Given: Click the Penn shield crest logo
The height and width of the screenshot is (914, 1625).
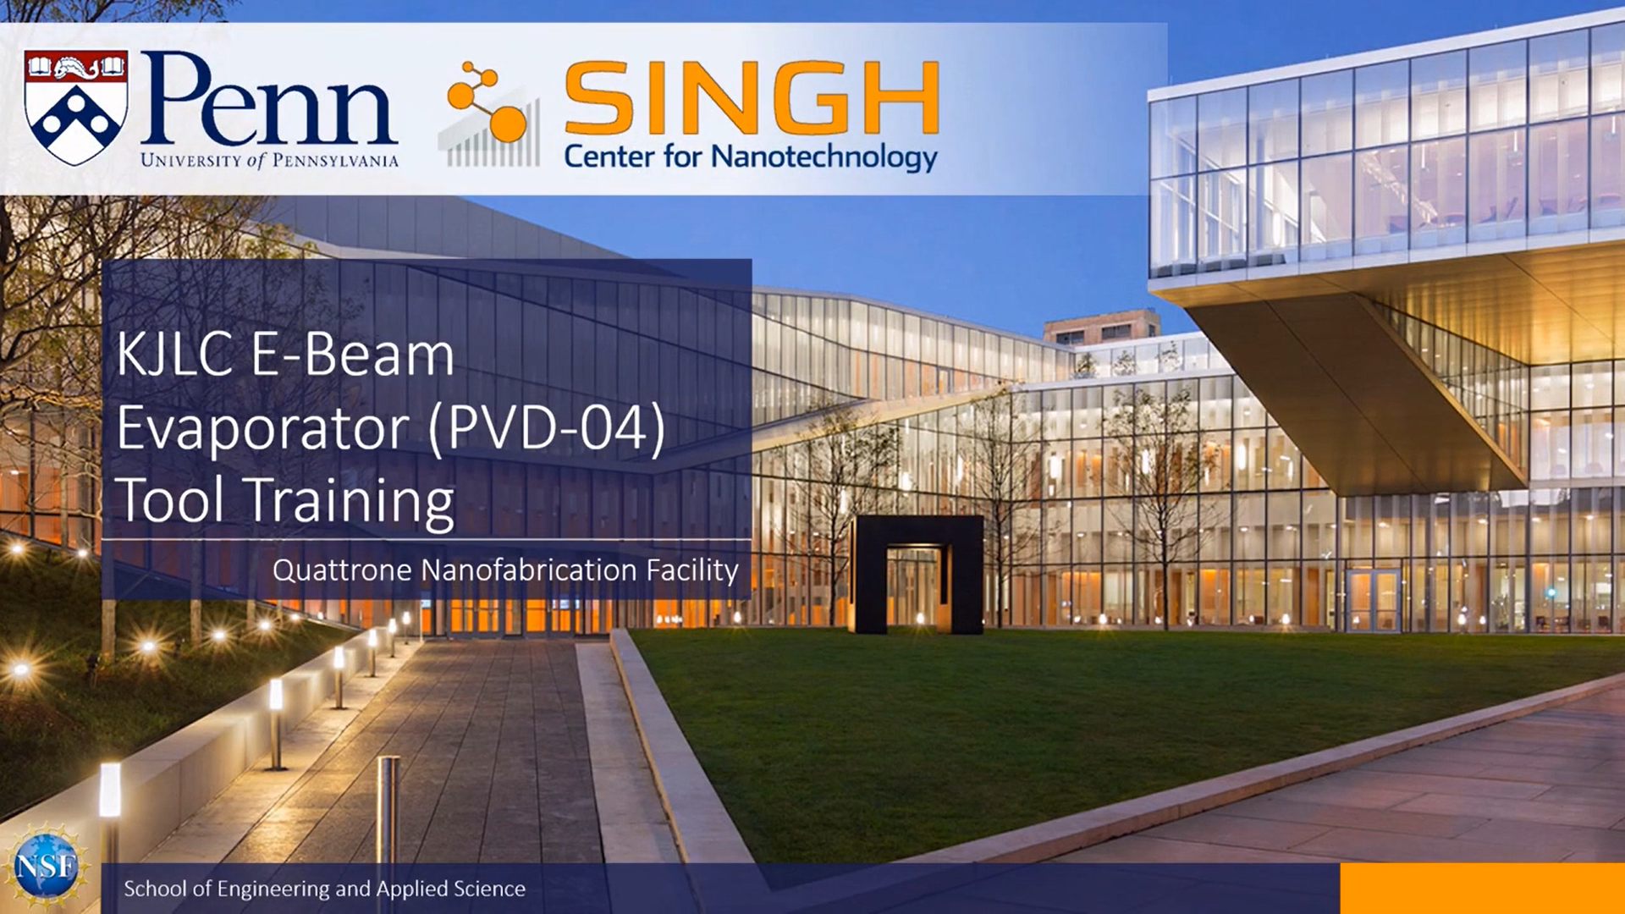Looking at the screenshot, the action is tap(76, 107).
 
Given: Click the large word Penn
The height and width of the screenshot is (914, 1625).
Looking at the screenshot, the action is tap(269, 101).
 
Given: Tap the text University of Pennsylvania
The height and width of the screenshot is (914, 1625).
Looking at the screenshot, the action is tap(269, 160).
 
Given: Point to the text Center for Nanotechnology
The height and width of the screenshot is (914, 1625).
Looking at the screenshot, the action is tap(751, 157).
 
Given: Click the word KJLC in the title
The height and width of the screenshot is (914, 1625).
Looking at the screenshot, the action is tap(174, 355).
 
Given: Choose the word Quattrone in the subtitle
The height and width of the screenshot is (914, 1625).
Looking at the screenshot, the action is tap(342, 570).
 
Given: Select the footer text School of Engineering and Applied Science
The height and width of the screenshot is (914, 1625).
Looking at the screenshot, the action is tap(324, 889).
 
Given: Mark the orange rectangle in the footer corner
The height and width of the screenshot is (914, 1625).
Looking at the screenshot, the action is tap(1482, 889).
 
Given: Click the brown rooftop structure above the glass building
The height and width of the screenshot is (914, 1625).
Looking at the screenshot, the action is tap(1101, 326).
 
